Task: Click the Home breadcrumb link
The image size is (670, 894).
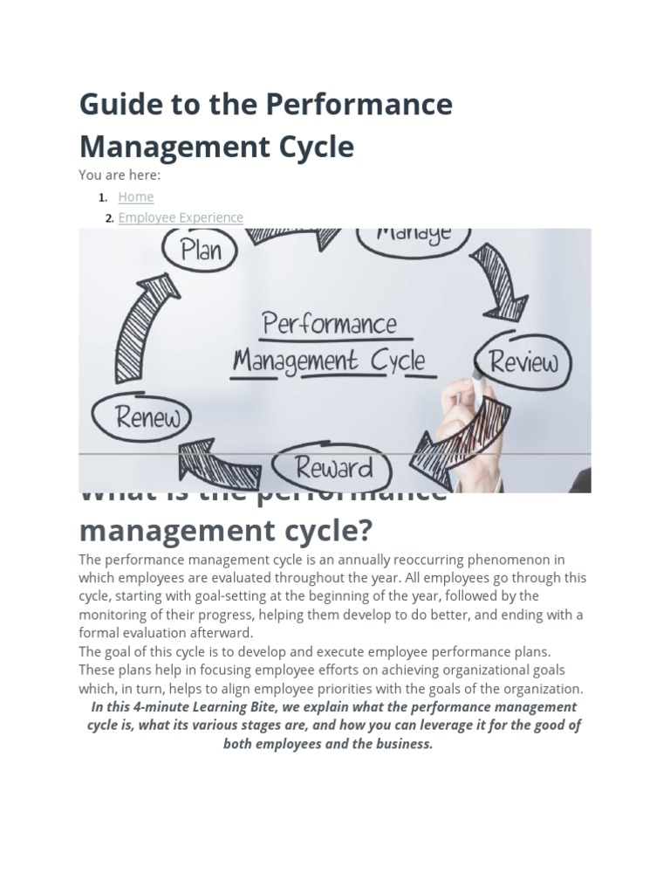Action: [x=135, y=197]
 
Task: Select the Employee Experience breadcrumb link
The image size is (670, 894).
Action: [x=181, y=217]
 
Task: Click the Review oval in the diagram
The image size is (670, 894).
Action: [x=523, y=361]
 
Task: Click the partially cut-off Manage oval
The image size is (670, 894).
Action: [x=414, y=237]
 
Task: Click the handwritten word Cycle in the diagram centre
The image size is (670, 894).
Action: [x=397, y=361]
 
